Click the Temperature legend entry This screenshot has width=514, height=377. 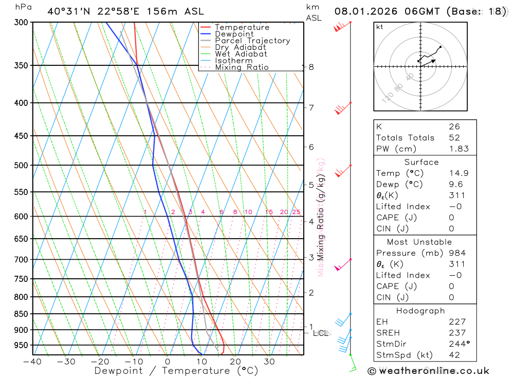click(242, 27)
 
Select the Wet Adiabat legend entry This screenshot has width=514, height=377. click(241, 54)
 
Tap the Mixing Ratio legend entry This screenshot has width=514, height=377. click(242, 67)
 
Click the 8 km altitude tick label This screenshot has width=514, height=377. click(311, 67)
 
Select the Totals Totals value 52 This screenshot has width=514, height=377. click(454, 138)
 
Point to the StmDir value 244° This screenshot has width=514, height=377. click(458, 344)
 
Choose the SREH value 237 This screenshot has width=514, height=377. click(457, 333)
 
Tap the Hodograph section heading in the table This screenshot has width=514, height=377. click(421, 311)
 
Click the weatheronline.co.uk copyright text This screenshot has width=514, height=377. click(429, 370)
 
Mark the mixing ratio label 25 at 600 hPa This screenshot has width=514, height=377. click(296, 212)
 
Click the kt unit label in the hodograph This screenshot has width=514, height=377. click(379, 27)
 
